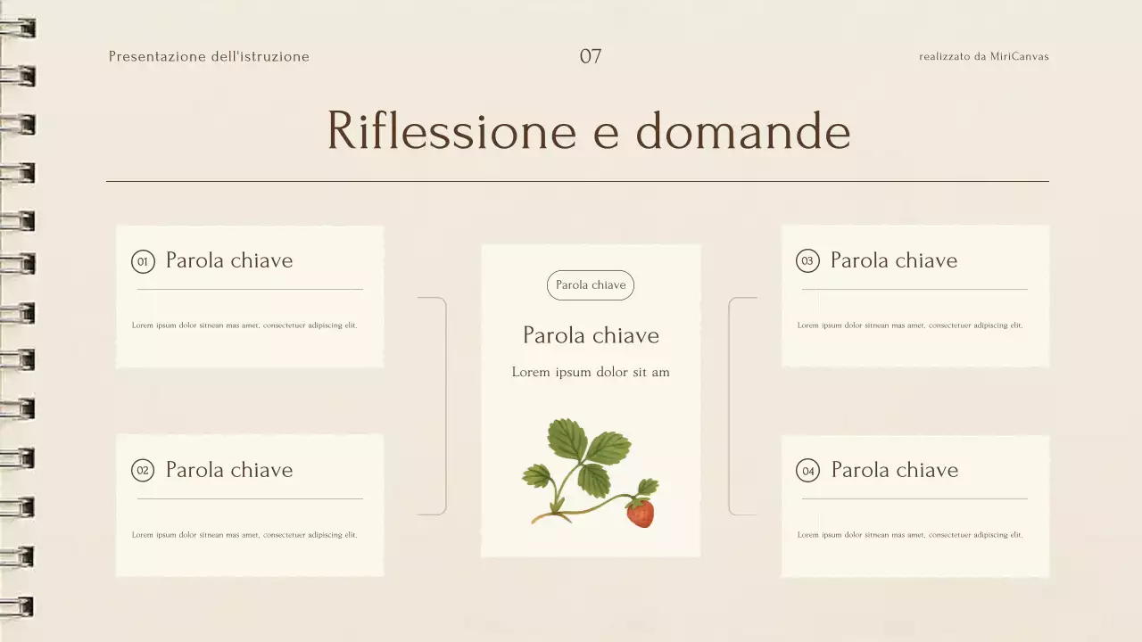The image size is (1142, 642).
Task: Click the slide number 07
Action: (x=591, y=56)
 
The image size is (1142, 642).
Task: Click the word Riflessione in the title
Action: (x=451, y=130)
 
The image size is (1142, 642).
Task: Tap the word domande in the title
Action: (x=742, y=130)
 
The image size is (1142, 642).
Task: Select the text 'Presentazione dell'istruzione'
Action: (x=209, y=56)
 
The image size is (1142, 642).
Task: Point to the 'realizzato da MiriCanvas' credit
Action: (x=983, y=56)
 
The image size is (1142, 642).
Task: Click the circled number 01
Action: (x=142, y=261)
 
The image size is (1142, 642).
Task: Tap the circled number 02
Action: (x=142, y=471)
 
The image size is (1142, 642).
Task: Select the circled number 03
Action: (x=807, y=261)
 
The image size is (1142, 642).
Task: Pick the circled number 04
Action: (x=807, y=471)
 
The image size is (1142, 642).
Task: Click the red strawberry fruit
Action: (x=640, y=513)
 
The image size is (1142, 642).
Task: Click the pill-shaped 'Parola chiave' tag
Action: (x=591, y=285)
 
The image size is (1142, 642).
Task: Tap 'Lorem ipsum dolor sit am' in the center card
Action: (x=591, y=372)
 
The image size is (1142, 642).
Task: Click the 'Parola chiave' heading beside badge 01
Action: (x=229, y=260)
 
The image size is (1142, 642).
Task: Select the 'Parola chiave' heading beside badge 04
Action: (x=894, y=470)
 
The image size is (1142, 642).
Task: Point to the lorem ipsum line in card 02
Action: (x=244, y=535)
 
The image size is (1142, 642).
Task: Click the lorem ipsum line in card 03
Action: (x=910, y=325)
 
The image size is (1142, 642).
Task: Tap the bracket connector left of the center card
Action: (x=443, y=406)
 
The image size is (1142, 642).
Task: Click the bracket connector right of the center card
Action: (x=731, y=406)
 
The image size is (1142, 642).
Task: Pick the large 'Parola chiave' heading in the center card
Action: (x=591, y=335)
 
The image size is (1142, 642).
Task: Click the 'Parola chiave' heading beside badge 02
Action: (x=229, y=470)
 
